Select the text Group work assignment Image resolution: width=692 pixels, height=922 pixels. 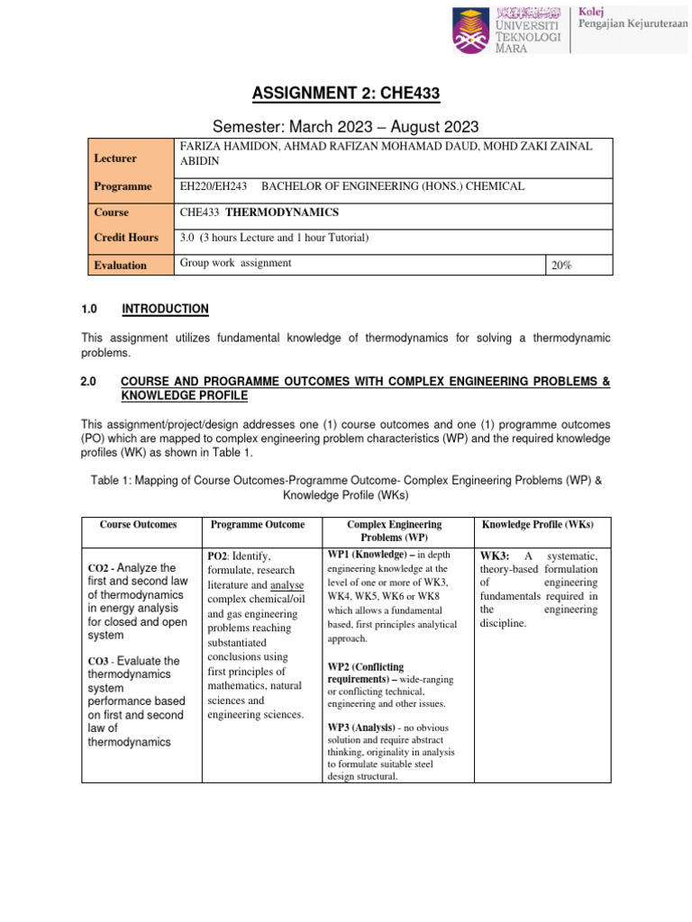[235, 263]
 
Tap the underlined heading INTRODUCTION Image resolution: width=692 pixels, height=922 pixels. [165, 309]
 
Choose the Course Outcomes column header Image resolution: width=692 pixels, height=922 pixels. [138, 524]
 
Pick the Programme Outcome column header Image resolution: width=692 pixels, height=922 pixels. [258, 524]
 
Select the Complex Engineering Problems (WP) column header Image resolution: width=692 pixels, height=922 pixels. [394, 530]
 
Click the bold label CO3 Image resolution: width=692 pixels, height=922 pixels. [98, 662]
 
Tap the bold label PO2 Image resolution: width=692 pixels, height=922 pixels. [219, 556]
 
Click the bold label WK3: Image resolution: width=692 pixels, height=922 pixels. [496, 556]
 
